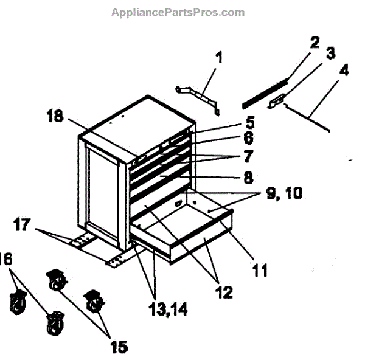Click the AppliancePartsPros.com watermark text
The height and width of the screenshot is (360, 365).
[178, 12]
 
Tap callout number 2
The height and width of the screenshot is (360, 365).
[314, 43]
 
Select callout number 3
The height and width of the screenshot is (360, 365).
[330, 54]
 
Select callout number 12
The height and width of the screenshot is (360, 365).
[224, 292]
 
